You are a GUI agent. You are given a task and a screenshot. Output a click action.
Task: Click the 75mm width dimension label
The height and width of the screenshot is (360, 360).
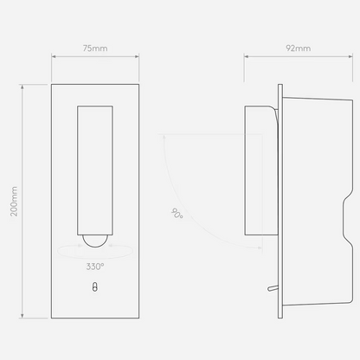click(x=95, y=48)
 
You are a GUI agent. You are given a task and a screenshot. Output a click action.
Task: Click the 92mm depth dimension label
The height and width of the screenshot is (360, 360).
click(x=299, y=48)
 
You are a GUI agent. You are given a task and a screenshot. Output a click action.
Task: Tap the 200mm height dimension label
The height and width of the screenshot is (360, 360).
click(x=14, y=202)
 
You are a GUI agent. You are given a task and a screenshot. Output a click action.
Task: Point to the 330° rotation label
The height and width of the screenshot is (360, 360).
click(x=95, y=267)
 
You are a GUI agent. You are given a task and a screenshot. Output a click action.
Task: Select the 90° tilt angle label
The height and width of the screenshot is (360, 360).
click(x=177, y=214)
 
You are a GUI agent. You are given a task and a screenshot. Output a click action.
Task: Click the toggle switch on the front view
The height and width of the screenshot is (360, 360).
click(x=95, y=287)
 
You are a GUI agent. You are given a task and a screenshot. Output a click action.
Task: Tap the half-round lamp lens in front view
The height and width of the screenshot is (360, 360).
click(x=95, y=241)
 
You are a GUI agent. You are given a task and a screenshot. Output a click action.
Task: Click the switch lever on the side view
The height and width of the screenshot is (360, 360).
click(x=273, y=288)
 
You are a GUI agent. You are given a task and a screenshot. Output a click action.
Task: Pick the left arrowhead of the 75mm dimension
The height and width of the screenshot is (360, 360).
click(x=54, y=56)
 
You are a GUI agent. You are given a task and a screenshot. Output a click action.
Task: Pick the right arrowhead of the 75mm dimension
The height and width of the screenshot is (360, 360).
click(x=137, y=56)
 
